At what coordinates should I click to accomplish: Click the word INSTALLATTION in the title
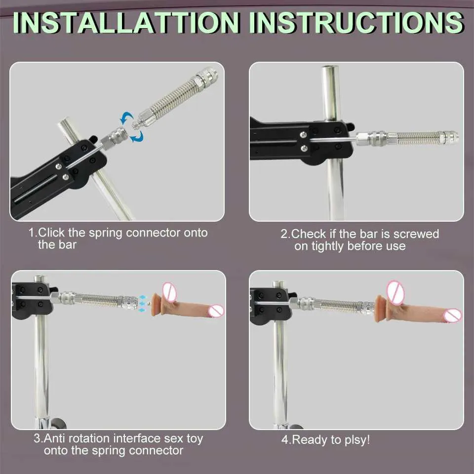pyautogui.click(x=126, y=23)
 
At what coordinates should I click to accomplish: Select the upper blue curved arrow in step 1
pyautogui.click(x=126, y=118)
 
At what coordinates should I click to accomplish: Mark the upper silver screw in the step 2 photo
pyautogui.click(x=303, y=135)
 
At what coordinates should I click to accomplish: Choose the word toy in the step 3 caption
pyautogui.click(x=195, y=439)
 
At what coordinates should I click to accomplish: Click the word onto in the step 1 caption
pyautogui.click(x=196, y=233)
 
